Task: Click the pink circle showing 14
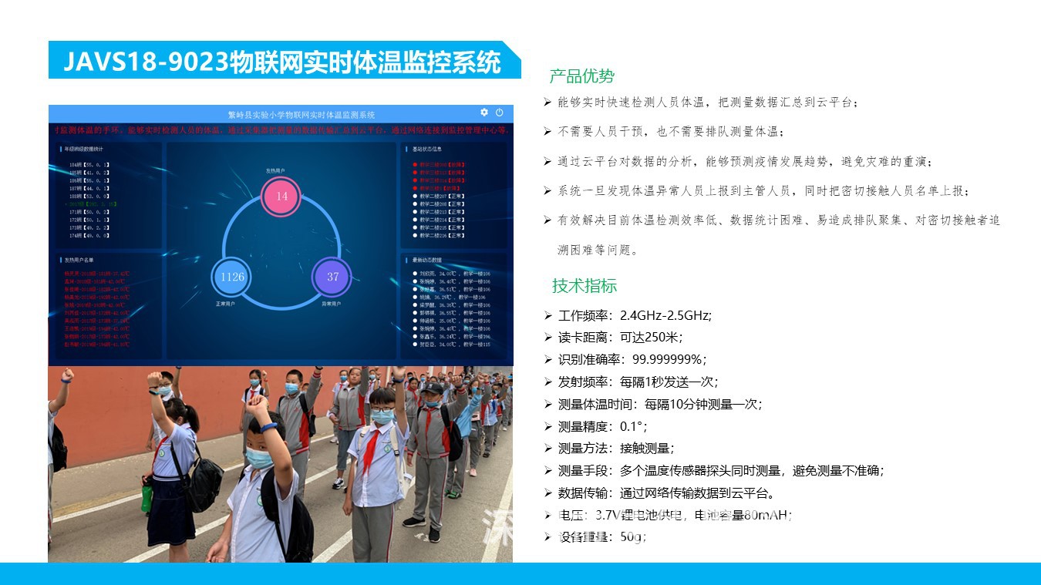point(281,196)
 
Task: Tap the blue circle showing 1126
point(232,277)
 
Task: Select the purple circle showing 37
point(332,277)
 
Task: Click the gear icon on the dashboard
point(484,113)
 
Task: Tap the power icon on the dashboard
point(500,113)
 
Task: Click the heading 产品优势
point(581,76)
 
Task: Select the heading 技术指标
point(584,286)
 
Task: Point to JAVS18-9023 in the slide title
point(145,62)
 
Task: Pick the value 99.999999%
point(669,359)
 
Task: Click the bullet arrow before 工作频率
point(547,315)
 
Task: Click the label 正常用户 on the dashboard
point(224,304)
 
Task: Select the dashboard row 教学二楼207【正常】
point(442,197)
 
